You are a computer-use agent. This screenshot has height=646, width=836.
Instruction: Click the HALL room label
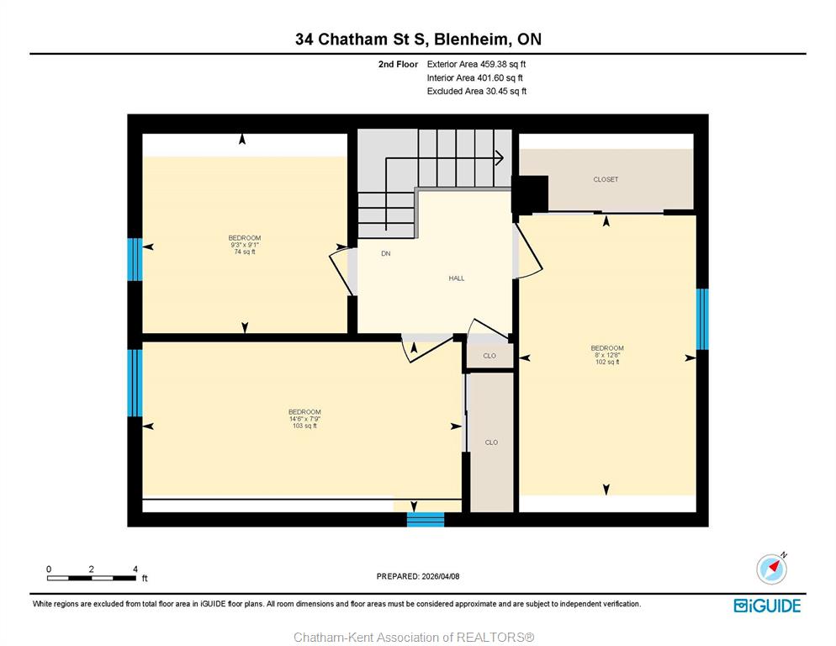[457, 278]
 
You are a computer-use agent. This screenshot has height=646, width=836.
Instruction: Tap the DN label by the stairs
[386, 254]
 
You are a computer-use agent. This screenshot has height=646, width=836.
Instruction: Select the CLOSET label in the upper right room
[606, 180]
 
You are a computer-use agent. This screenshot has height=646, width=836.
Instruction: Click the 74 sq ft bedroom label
[245, 252]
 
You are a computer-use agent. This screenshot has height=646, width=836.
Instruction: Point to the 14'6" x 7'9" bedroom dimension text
[304, 419]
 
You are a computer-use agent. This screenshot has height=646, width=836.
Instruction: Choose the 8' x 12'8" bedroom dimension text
[607, 355]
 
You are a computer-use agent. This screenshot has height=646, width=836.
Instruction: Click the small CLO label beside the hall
[489, 356]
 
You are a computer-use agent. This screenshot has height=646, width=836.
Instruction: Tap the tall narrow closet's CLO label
[491, 442]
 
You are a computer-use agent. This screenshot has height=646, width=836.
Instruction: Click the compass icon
[771, 569]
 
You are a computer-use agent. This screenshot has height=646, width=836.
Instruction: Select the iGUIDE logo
[767, 606]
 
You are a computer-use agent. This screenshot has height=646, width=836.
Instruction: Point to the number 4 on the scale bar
[135, 569]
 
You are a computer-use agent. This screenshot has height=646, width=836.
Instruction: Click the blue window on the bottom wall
[426, 519]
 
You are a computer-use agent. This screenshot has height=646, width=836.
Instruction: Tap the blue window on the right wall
[702, 319]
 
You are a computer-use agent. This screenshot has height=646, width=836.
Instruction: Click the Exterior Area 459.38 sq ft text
[476, 64]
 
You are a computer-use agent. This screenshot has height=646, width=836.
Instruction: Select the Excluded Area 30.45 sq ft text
[477, 91]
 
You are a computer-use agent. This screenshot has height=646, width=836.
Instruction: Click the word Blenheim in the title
[468, 40]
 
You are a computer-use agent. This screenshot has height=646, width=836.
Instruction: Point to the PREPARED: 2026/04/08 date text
[418, 577]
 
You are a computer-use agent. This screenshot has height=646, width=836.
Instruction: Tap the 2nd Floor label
[399, 64]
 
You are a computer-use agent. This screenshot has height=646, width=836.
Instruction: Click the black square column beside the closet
[530, 194]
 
